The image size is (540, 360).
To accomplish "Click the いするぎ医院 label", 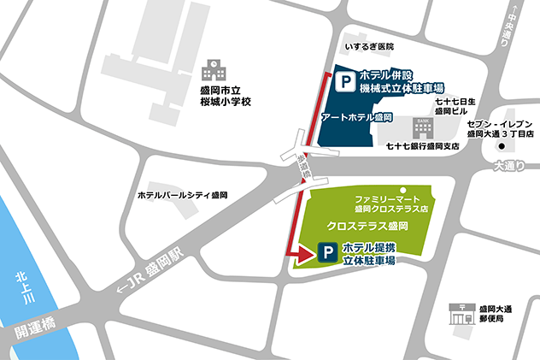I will coord(369,47).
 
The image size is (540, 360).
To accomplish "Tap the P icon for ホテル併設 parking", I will coord(344,83).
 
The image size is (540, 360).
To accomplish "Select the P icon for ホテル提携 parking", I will coord(326,252).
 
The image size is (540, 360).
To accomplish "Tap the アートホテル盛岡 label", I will coord(356,116).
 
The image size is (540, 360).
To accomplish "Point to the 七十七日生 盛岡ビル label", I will coord(454,105).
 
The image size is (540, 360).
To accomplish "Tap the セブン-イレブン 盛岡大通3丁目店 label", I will coord(500,128).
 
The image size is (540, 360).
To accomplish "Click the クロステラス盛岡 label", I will coord(368,227).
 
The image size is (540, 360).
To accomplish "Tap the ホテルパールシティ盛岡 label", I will coord(183,196).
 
